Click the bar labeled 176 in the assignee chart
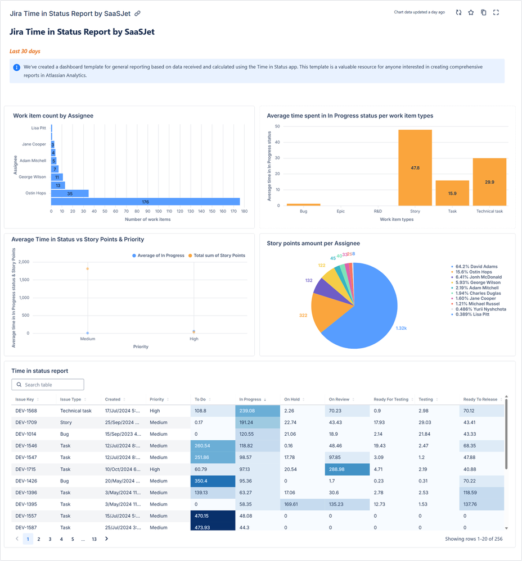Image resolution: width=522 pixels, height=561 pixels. pyautogui.click(x=145, y=202)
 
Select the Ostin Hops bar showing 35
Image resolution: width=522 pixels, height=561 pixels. pyautogui.click(x=70, y=193)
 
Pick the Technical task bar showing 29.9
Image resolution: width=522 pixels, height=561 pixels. pyautogui.click(x=489, y=182)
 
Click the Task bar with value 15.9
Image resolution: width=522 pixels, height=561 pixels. pyautogui.click(x=452, y=193)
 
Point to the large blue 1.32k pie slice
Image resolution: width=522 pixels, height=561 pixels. pyautogui.click(x=366, y=314)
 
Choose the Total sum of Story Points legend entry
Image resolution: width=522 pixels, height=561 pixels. pyautogui.click(x=219, y=256)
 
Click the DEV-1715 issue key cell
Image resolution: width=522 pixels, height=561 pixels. pyautogui.click(x=26, y=469)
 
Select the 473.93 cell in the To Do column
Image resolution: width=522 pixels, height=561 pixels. pyautogui.click(x=213, y=527)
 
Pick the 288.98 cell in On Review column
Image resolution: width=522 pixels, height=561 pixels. pyautogui.click(x=347, y=469)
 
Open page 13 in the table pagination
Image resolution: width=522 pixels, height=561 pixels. pyautogui.click(x=94, y=539)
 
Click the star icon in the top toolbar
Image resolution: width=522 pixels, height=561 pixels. pyautogui.click(x=471, y=12)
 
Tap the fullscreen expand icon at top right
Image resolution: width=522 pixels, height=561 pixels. pyautogui.click(x=496, y=12)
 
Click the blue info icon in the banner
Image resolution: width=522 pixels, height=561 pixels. pyautogui.click(x=17, y=67)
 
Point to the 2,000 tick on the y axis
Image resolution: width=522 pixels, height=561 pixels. pyautogui.click(x=24, y=262)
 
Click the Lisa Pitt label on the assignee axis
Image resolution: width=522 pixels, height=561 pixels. pyautogui.click(x=39, y=128)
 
